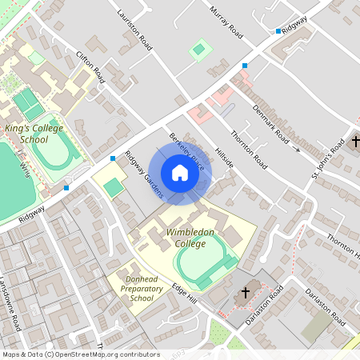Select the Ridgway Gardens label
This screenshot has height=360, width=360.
click(144, 174)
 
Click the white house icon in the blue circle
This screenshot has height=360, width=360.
click(179, 173)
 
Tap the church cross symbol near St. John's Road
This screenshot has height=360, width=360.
click(355, 145)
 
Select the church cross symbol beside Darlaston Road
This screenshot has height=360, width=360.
click(246, 294)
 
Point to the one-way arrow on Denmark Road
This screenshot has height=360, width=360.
click(296, 149)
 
